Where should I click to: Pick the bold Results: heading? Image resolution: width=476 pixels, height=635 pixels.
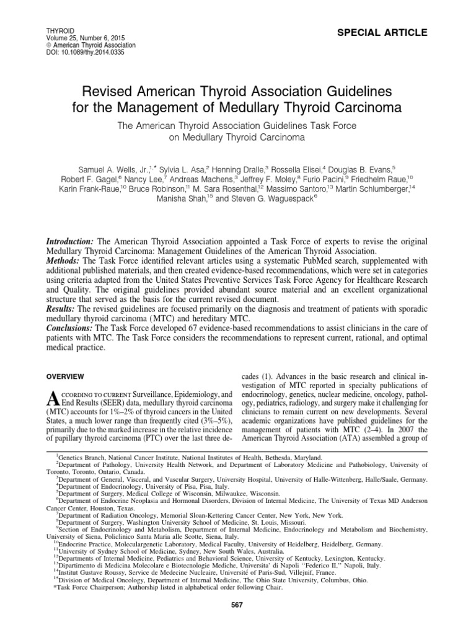click(63, 308)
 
